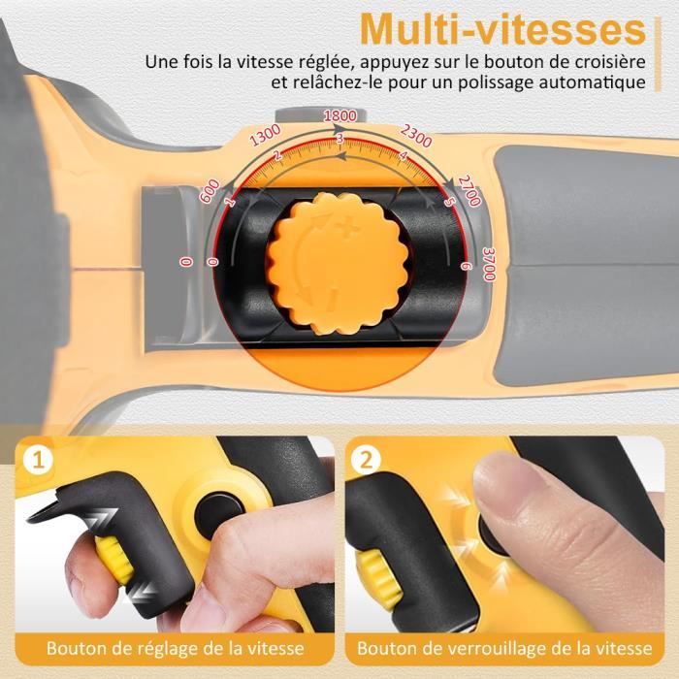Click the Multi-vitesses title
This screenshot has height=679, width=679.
502,29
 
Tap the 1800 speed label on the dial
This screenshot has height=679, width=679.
340,115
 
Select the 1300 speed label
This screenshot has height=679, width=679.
266,135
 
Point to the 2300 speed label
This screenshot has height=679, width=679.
416,136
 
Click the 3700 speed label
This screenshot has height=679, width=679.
489,264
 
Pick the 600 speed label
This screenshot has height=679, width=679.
210,191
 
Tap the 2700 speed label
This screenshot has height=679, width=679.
469,190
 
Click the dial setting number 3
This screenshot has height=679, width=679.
339,139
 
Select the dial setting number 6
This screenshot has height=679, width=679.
465,266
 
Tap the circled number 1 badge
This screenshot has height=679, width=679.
39,460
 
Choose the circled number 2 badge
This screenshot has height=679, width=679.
367,460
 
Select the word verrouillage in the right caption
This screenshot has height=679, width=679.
498,648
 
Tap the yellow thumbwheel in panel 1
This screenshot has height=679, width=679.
114,560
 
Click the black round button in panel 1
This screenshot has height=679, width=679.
218,514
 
